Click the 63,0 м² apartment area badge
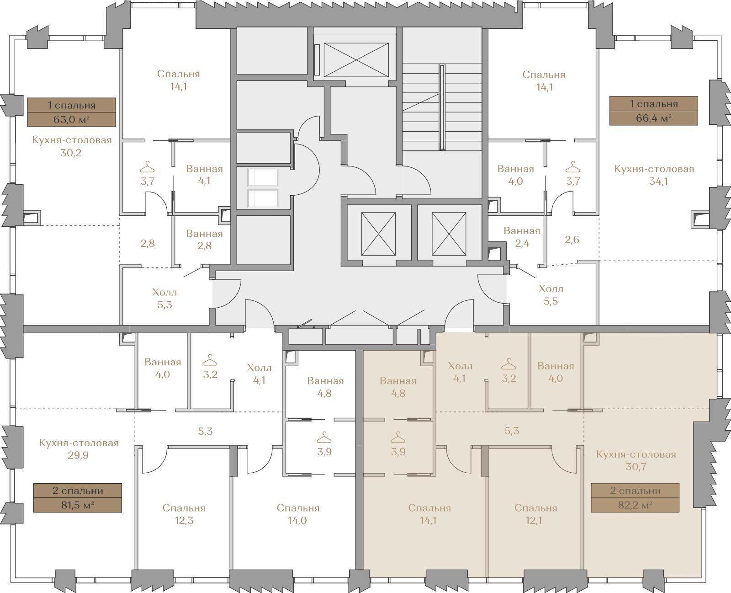coord(71,112)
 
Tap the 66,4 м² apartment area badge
coord(653,111)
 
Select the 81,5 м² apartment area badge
coord(77,498)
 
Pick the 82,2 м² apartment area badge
coord(635,498)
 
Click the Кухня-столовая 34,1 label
coord(654,175)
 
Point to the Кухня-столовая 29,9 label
coord(79,449)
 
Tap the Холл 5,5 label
coord(551,295)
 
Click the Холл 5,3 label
coord(165,299)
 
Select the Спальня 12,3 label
coord(184,514)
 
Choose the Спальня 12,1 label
coord(535,514)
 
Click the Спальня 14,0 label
coord(298,514)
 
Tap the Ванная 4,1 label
coord(205,175)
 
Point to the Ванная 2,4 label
coord(522,237)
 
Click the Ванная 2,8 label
coord(205,239)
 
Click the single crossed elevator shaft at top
coord(356,60)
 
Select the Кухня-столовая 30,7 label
coord(636,460)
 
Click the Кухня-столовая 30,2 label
coord(72,146)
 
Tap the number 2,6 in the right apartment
coord(572,239)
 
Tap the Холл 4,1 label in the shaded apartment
coord(460,372)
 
